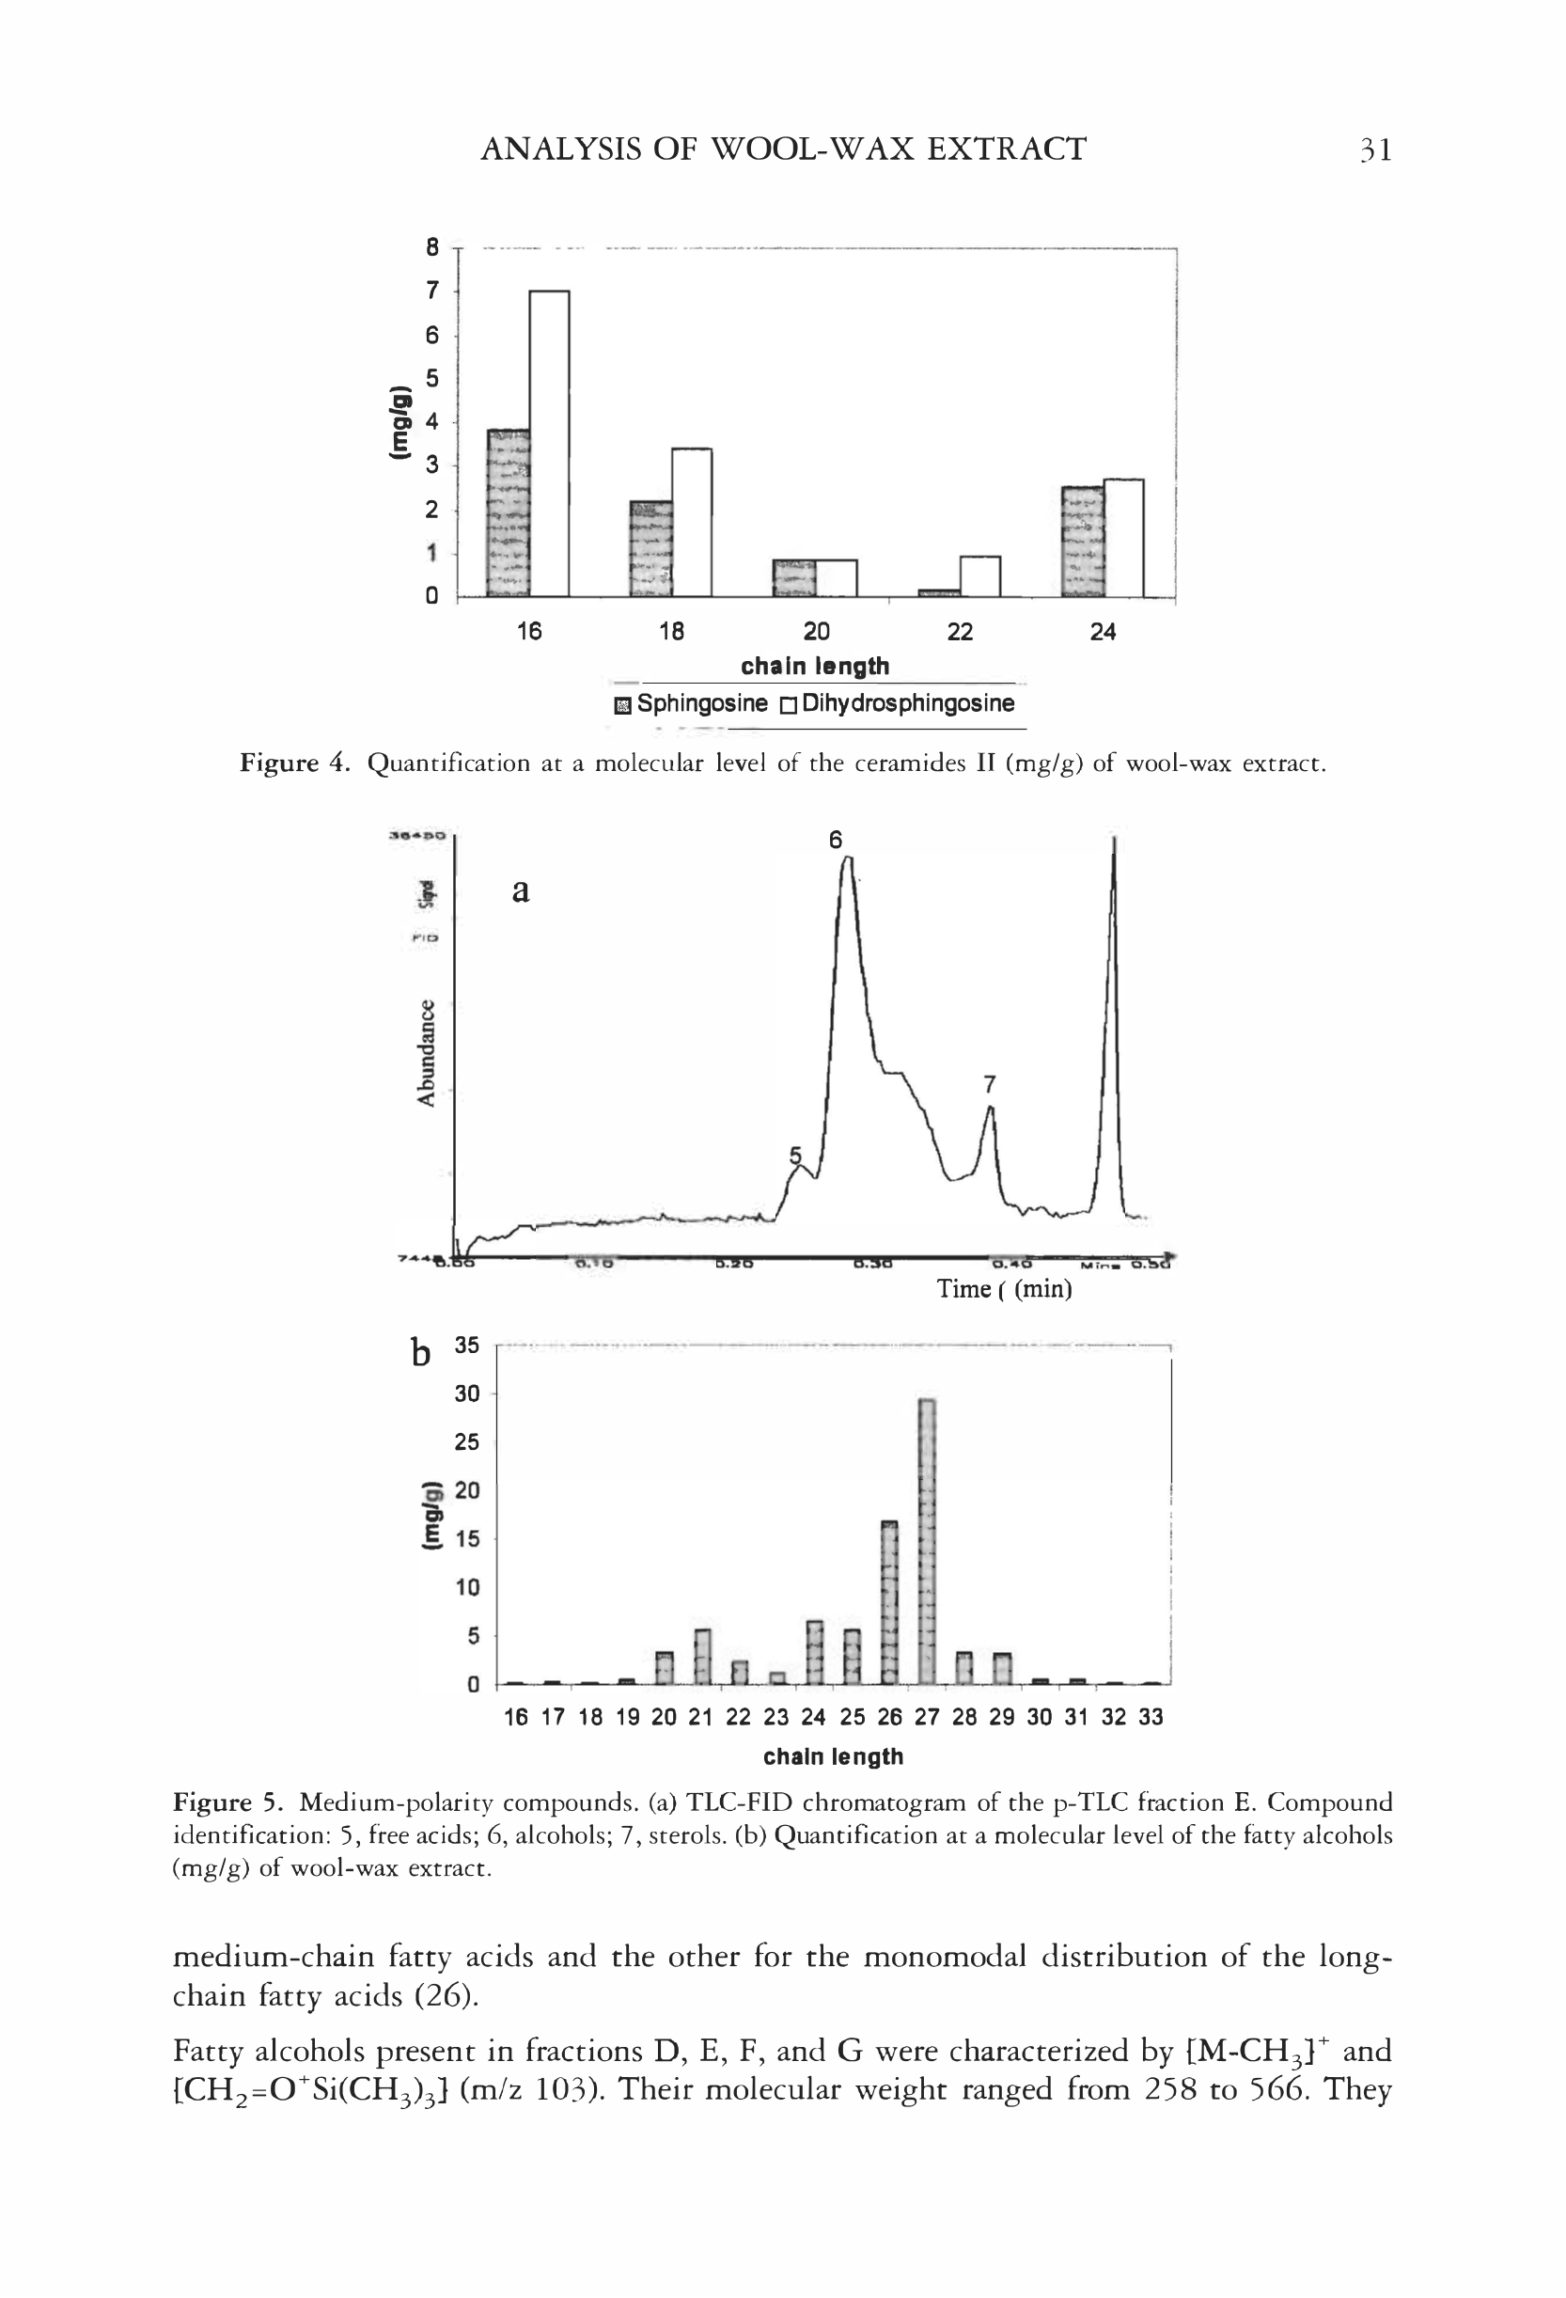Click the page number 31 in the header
coord(1374,150)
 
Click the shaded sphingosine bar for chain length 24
coord(1082,541)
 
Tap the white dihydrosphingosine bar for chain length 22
coord(979,576)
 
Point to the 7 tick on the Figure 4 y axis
coord(432,291)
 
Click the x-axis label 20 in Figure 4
coord(816,632)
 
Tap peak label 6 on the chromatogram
coord(836,840)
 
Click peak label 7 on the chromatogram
coord(990,1085)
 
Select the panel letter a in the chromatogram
coord(521,891)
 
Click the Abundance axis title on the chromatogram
coord(425,1053)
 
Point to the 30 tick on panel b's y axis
coord(466,1394)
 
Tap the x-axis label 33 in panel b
coord(1150,1718)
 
